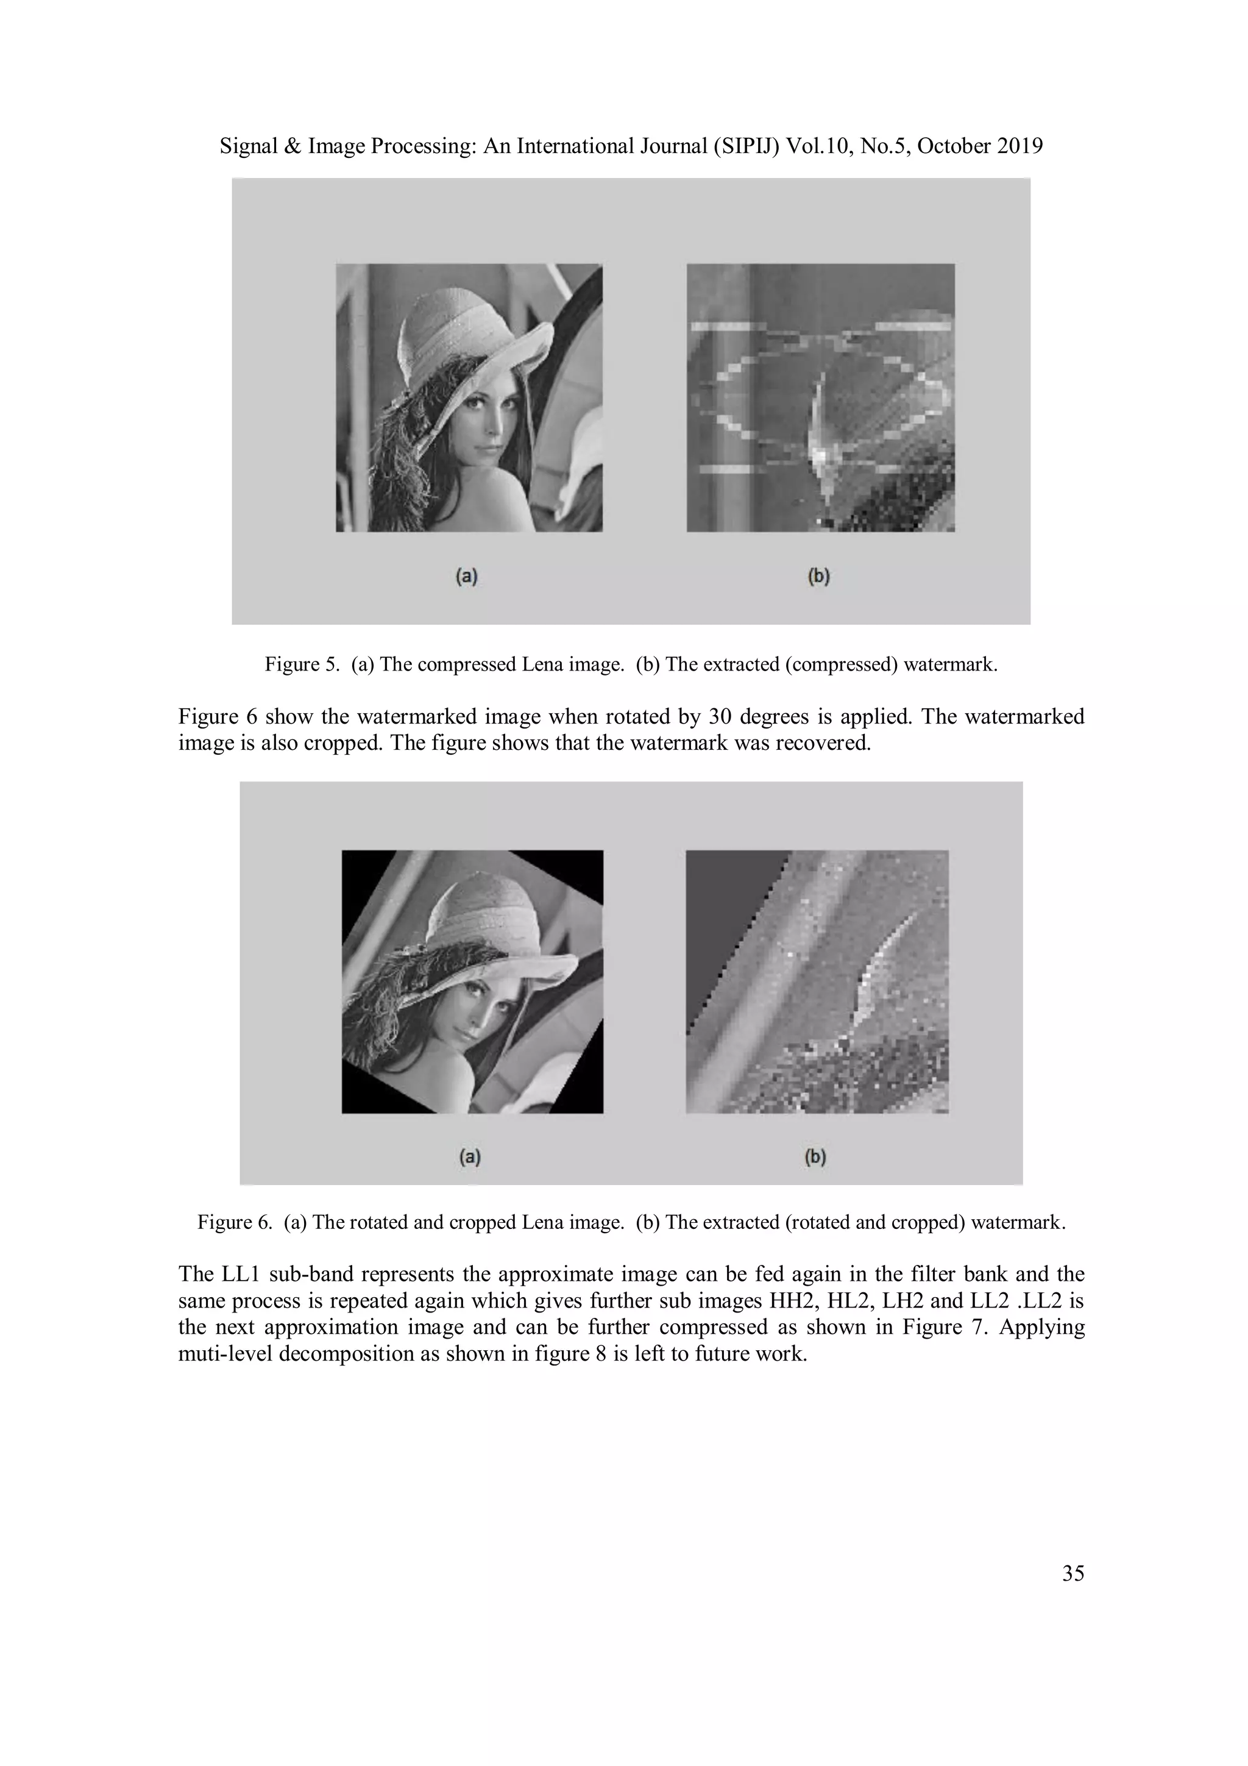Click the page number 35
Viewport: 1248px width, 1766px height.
pos(1072,1575)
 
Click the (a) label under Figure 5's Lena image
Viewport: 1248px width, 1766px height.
pos(467,575)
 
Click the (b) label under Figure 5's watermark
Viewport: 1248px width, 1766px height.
pos(819,575)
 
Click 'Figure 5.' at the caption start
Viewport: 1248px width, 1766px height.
pos(302,664)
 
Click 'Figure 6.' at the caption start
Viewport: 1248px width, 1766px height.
pos(235,1222)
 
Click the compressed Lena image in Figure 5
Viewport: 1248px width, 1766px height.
pos(469,397)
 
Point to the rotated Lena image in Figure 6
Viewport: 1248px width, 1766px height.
pos(472,981)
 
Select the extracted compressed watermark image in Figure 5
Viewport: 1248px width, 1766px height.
pos(820,397)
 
